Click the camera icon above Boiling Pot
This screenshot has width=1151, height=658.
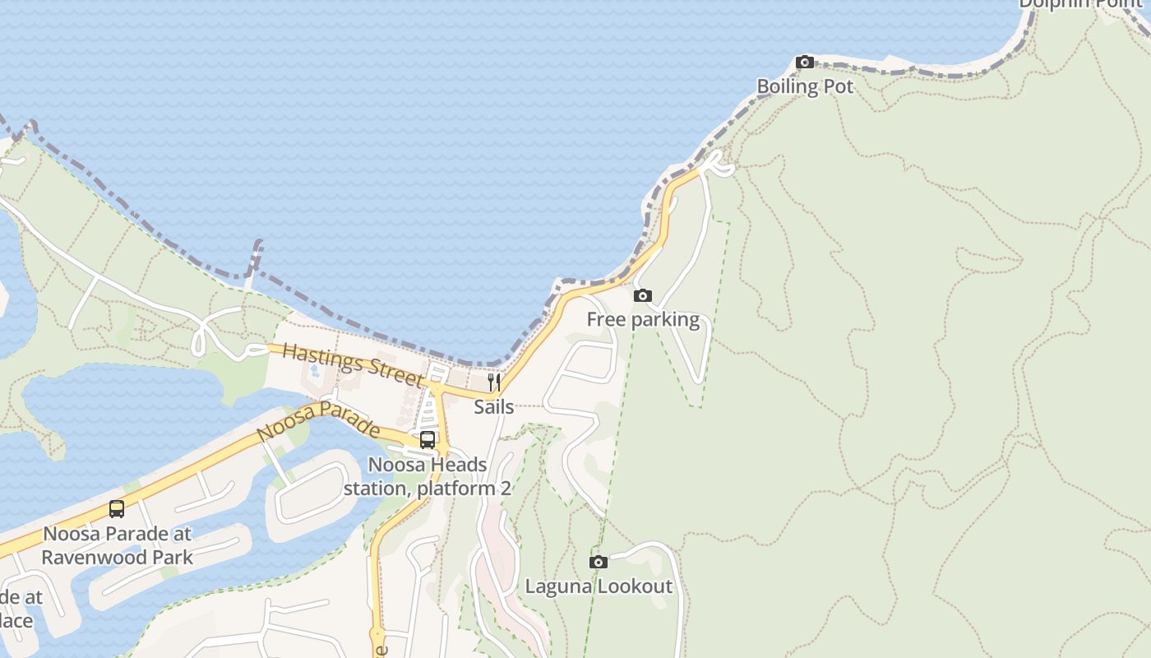[805, 63]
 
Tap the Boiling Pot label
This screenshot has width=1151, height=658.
[805, 86]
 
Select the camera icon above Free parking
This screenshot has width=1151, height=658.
[643, 296]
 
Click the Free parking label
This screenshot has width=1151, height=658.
[643, 320]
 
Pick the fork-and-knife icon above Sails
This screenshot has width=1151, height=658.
[494, 382]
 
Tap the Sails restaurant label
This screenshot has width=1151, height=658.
[494, 407]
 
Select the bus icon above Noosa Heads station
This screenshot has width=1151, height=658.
[428, 440]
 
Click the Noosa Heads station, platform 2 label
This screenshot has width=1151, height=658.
[428, 476]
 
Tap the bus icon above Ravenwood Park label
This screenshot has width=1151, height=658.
[117, 509]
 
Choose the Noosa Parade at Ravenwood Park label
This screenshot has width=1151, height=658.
[117, 545]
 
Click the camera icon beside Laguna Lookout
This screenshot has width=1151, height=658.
[599, 563]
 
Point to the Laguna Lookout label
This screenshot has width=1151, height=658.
[599, 586]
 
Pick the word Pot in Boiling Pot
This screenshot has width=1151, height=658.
[837, 86]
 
